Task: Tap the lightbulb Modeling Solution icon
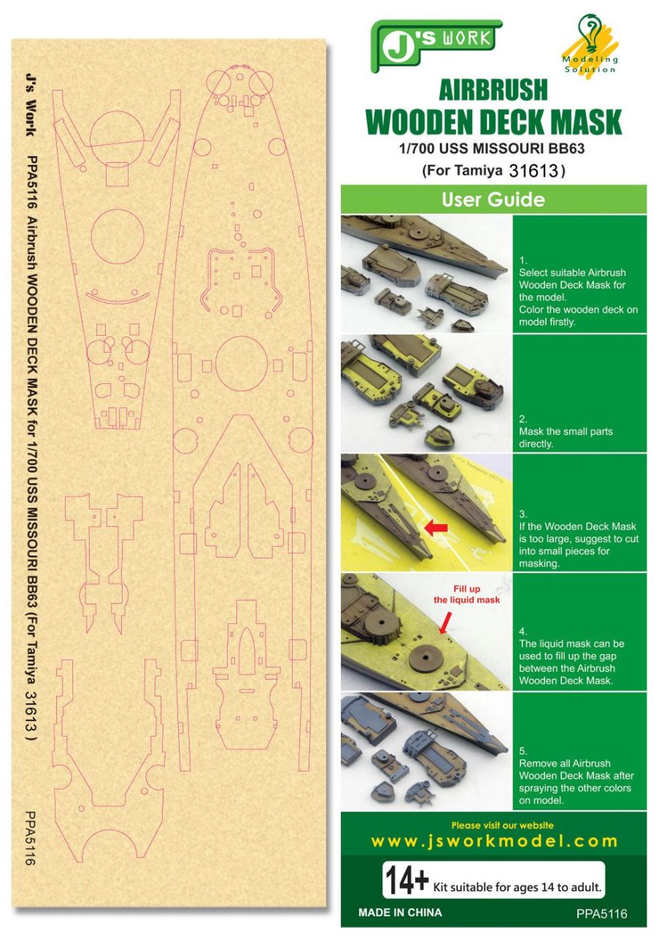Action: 588,44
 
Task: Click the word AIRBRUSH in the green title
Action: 493,89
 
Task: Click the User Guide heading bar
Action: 493,199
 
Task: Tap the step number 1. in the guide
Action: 523,260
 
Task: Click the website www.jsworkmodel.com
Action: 494,840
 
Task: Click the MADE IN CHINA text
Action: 400,912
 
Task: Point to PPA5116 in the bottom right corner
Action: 601,914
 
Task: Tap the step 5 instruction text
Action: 576,782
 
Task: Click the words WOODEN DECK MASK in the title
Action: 493,122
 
